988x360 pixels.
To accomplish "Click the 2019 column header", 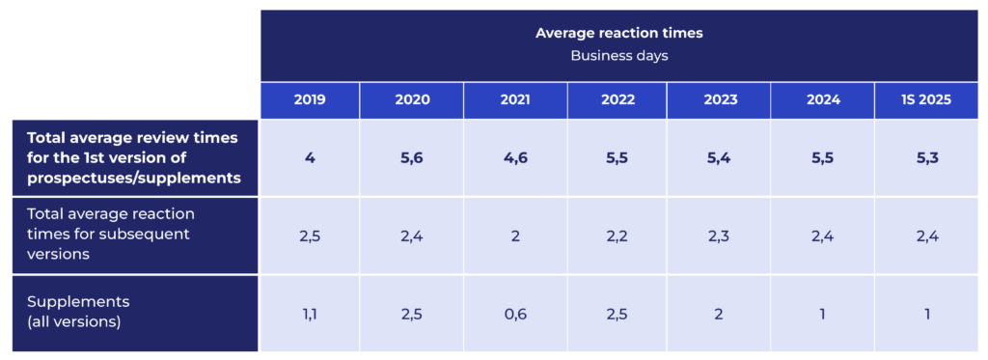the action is click(310, 100).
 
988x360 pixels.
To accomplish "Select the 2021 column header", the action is click(515, 100).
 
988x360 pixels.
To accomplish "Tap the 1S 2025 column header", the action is click(926, 100).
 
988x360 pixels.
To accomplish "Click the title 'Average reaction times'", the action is click(618, 34).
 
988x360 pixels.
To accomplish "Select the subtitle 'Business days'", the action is click(618, 55).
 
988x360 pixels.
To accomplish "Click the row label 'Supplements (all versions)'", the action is click(79, 312).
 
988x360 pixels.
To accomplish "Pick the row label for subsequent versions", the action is click(111, 235).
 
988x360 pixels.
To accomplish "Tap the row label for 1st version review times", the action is click(133, 157).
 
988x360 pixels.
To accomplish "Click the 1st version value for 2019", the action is click(310, 158).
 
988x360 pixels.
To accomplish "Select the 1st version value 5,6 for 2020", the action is click(411, 158).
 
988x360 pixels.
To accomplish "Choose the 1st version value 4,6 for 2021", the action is click(515, 158).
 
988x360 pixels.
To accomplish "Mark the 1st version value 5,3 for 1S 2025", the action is click(926, 158).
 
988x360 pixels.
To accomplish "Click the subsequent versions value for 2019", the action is click(310, 235).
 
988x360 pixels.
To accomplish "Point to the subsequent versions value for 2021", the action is click(515, 235).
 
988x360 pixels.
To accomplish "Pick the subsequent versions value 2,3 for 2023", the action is click(718, 235).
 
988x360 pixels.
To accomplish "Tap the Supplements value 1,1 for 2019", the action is click(310, 314).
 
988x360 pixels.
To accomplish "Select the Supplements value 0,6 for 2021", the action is click(515, 314).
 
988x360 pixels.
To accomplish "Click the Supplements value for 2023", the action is click(718, 314).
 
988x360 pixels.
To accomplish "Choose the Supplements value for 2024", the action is click(822, 314).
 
